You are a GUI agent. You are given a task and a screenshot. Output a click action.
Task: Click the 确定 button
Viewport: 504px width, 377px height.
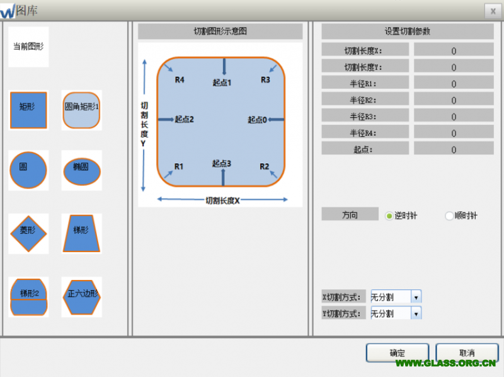[398, 353]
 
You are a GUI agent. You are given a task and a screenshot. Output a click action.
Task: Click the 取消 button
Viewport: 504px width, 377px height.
[467, 353]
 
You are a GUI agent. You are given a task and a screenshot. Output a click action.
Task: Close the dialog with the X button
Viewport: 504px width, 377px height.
[491, 11]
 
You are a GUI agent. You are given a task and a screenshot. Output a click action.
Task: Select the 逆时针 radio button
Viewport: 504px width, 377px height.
[389, 216]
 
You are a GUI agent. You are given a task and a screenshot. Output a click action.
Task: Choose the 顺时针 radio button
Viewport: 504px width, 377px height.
[449, 216]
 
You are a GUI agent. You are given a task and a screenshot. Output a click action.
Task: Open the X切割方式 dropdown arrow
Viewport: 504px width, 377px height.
[415, 297]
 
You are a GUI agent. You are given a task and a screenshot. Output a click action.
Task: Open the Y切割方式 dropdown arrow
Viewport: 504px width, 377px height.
[415, 313]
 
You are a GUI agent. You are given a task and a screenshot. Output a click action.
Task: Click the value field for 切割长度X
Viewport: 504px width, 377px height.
[454, 50]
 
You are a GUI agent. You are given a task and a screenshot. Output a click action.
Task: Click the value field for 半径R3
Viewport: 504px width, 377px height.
[454, 116]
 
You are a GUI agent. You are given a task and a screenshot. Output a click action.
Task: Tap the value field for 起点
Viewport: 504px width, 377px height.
[454, 149]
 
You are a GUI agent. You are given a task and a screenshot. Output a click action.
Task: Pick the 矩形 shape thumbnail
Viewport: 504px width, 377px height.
[28, 110]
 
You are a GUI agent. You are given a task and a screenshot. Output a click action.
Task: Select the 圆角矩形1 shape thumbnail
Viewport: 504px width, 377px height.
[81, 110]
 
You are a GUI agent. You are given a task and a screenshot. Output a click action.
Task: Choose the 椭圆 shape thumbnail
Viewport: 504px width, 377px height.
[81, 170]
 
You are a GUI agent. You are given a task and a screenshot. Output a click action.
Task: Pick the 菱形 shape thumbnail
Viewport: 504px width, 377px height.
[28, 233]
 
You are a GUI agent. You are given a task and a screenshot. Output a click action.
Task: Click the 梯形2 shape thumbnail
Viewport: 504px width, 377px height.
[28, 296]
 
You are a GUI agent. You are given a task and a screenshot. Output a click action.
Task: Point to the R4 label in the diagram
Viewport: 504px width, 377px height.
[180, 80]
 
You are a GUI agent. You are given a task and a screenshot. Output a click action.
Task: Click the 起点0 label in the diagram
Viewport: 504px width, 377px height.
[257, 120]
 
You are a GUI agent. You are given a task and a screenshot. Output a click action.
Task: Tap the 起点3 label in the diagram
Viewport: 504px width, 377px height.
[222, 164]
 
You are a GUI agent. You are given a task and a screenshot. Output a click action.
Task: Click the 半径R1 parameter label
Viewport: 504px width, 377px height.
[365, 83]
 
